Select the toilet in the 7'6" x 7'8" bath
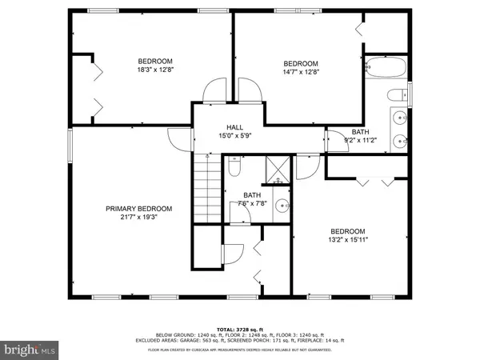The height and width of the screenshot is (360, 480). click(x=234, y=170)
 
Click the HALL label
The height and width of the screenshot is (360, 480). click(x=234, y=127)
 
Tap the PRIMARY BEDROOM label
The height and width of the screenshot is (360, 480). click(x=139, y=209)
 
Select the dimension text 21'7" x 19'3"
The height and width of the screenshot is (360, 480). click(x=139, y=218)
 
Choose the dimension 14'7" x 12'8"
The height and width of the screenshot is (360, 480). click(x=301, y=74)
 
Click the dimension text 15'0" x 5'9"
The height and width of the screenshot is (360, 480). click(x=234, y=137)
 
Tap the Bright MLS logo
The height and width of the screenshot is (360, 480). click(x=30, y=349)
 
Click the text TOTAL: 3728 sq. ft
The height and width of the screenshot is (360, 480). click(x=239, y=330)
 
